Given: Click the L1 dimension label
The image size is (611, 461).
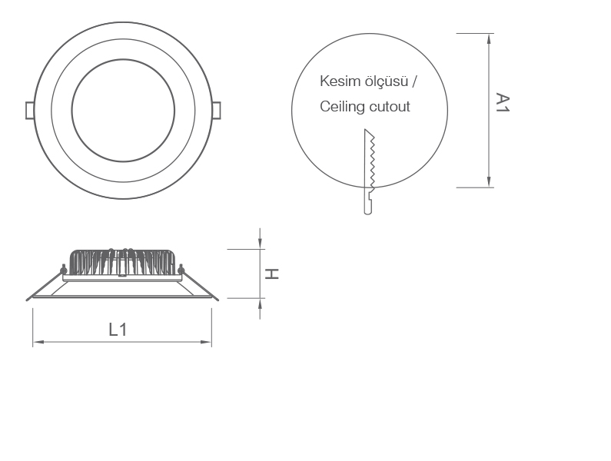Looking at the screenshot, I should pos(118,330).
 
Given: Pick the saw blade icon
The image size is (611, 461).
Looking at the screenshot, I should pos(370,171).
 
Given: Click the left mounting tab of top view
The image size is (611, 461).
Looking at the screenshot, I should pos(30,110).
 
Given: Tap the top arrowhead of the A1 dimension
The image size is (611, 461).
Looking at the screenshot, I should pos(490,38).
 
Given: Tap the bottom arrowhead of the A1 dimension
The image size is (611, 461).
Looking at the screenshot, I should pos(490,181).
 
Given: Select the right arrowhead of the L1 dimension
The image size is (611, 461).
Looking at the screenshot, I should pos(207,342).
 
